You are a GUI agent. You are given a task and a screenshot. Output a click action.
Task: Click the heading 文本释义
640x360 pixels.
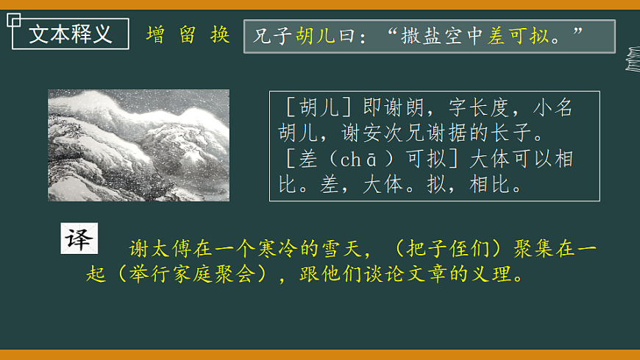[x=71, y=34]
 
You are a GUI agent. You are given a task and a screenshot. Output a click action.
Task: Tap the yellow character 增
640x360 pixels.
[x=155, y=35]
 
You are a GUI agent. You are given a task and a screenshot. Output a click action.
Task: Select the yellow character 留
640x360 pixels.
[x=188, y=35]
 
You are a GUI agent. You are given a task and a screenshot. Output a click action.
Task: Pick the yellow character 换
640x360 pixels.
[x=220, y=35]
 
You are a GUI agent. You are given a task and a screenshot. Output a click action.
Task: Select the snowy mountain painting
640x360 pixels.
[x=138, y=145]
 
